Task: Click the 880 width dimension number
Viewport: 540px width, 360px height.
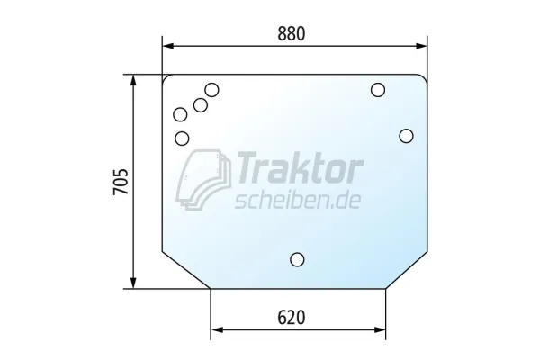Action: pos(292,34)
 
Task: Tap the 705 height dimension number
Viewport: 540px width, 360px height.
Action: pos(121,182)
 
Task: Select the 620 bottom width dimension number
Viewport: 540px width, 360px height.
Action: pos(292,318)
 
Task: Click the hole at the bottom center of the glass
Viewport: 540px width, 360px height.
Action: pos(297,259)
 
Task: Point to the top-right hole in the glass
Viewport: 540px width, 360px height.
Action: pos(378,90)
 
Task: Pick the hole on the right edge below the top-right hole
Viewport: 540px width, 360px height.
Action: pos(407,136)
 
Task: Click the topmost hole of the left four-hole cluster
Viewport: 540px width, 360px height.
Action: pos(211,90)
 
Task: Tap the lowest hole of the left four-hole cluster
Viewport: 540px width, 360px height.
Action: pos(182,139)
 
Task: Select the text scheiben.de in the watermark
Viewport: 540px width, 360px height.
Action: pos(298,200)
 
